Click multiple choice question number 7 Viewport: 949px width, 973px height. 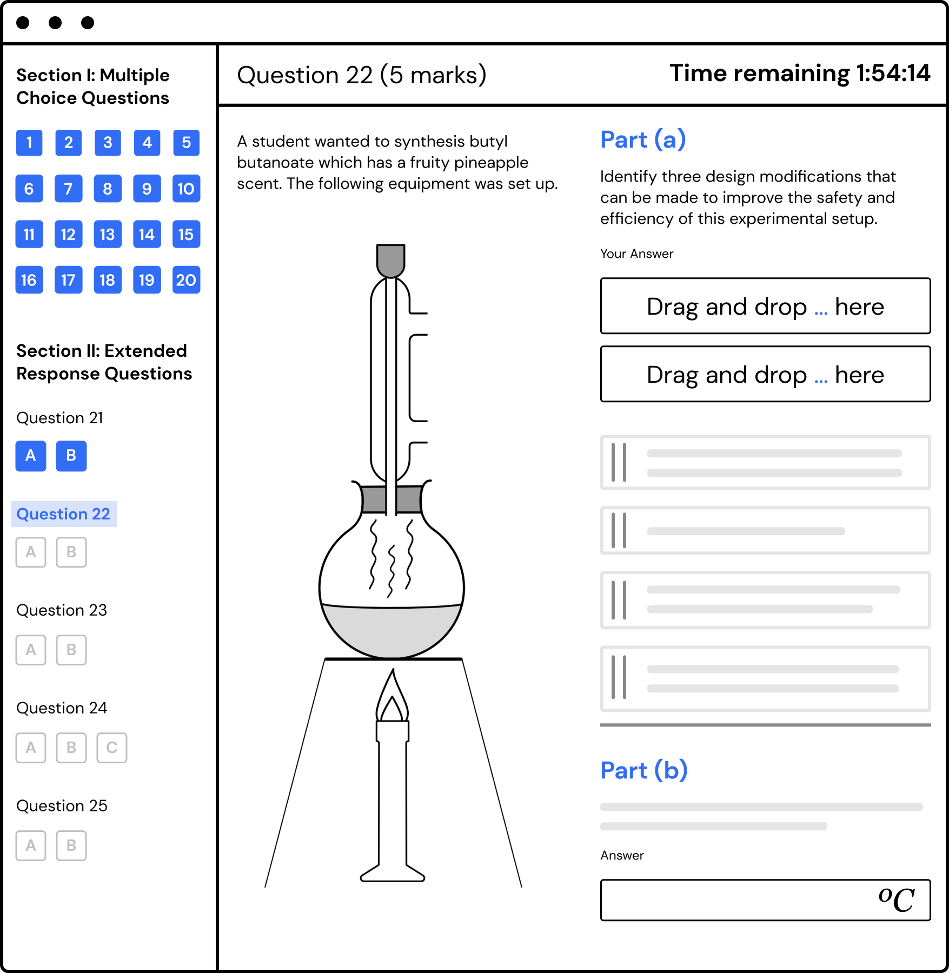point(68,189)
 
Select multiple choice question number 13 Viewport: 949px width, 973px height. point(107,234)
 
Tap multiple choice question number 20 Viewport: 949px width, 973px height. point(186,279)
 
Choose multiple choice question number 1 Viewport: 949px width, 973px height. point(29,143)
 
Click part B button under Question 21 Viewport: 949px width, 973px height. point(71,456)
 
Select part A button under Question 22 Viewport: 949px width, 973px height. point(31,552)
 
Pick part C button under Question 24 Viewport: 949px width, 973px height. point(112,748)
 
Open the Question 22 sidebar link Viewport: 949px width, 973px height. point(63,514)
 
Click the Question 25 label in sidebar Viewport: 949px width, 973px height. point(62,805)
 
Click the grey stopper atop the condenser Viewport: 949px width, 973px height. point(391,261)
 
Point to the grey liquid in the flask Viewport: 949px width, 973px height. point(391,630)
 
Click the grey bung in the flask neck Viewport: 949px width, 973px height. point(391,499)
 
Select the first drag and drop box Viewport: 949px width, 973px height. point(765,306)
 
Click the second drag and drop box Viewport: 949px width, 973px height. point(765,374)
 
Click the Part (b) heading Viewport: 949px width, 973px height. point(644,770)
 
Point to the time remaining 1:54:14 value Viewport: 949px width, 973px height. point(893,73)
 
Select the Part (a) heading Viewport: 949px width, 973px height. point(643,139)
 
